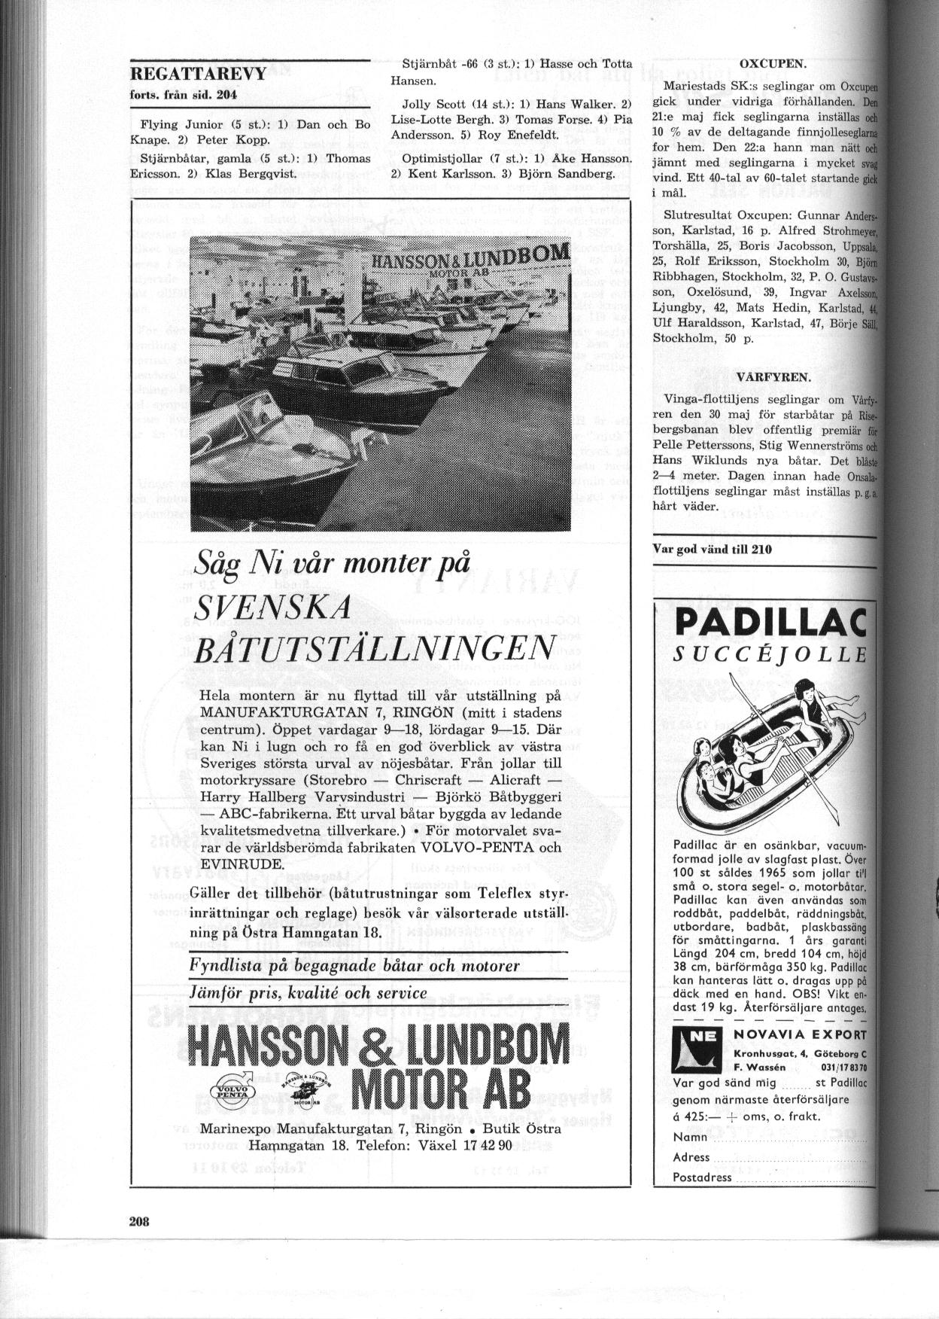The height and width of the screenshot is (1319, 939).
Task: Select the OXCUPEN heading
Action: coord(773,65)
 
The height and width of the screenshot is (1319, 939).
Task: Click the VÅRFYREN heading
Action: coord(773,376)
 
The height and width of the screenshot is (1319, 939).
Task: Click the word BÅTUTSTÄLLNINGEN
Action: coord(374,648)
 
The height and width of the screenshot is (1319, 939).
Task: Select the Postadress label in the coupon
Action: coord(702,1177)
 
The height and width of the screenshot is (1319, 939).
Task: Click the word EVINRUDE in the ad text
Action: coord(239,863)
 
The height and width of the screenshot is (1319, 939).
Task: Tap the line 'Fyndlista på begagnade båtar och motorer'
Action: coord(354,965)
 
